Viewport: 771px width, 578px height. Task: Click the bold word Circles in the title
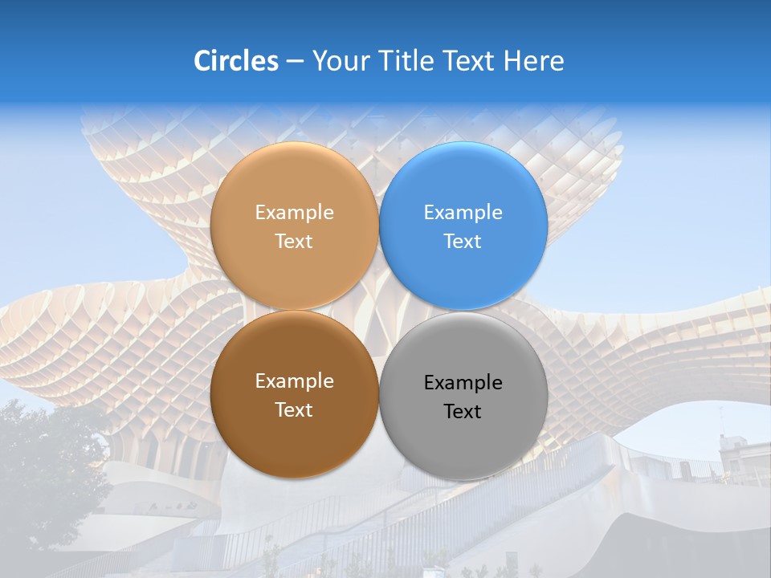click(x=236, y=61)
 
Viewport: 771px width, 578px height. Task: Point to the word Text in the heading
click(x=470, y=61)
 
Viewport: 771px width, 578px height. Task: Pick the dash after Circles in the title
click(x=295, y=62)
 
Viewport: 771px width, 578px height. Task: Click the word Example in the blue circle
click(x=463, y=213)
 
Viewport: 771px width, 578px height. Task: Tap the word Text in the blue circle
click(x=463, y=242)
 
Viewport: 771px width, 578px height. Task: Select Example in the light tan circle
click(x=294, y=213)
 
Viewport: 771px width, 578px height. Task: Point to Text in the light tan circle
click(x=294, y=242)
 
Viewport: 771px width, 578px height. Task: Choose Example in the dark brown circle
click(x=294, y=381)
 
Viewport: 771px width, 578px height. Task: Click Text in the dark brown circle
click(x=294, y=410)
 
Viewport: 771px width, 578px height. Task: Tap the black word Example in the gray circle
click(x=463, y=383)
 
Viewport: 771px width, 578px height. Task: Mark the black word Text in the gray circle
click(x=463, y=412)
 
